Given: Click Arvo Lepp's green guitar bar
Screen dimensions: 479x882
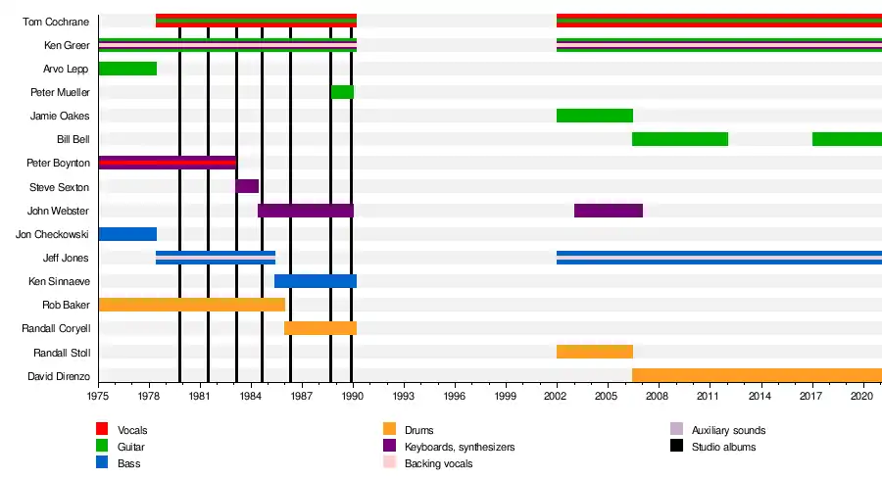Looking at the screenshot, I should (x=127, y=69).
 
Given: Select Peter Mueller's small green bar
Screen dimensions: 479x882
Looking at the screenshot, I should (x=342, y=92).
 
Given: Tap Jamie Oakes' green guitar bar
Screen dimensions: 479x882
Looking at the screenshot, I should (x=594, y=116).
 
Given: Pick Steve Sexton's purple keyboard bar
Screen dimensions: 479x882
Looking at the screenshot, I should (x=247, y=186).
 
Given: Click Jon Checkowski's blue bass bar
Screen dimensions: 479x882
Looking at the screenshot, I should (x=127, y=234).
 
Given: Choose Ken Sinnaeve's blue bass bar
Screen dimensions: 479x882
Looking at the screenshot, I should (x=315, y=281).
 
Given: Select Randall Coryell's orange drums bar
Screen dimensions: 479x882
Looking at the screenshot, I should (x=319, y=328).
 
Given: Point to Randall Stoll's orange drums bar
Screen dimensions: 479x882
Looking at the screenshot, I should (x=594, y=352).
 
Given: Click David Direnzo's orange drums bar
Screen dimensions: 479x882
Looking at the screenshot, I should (x=756, y=375).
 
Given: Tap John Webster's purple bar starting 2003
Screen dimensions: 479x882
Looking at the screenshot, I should (x=608, y=211).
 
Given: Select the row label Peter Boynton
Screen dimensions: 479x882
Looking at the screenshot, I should (x=59, y=163).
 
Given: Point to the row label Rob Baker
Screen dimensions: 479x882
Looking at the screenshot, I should (x=66, y=305).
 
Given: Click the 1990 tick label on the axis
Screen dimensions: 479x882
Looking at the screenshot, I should (x=353, y=396).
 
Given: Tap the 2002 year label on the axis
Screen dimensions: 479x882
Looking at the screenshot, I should (x=557, y=396).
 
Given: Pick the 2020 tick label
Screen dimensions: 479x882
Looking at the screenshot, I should (x=862, y=396).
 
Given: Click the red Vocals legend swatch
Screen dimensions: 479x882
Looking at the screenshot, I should (x=101, y=429).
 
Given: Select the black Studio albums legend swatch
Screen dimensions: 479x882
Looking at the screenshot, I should (x=676, y=447).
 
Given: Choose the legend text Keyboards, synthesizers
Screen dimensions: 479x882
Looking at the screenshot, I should (x=460, y=447).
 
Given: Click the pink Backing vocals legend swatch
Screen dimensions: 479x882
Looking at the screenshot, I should (x=389, y=463).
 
